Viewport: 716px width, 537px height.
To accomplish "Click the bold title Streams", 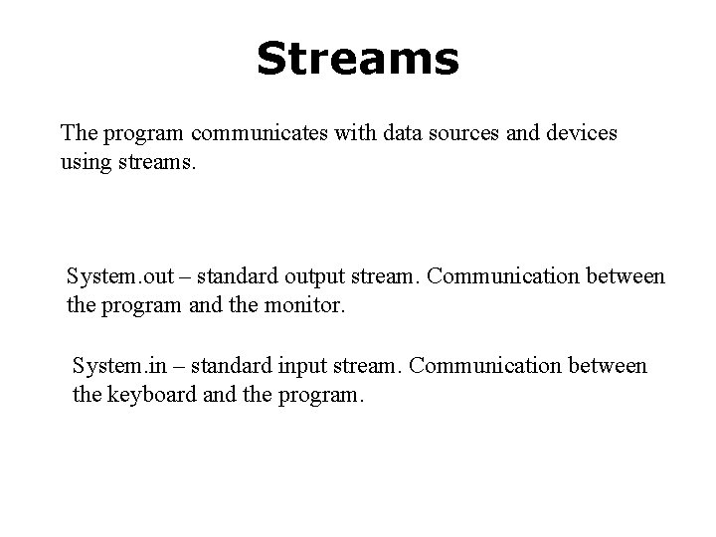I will pos(358,60).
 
